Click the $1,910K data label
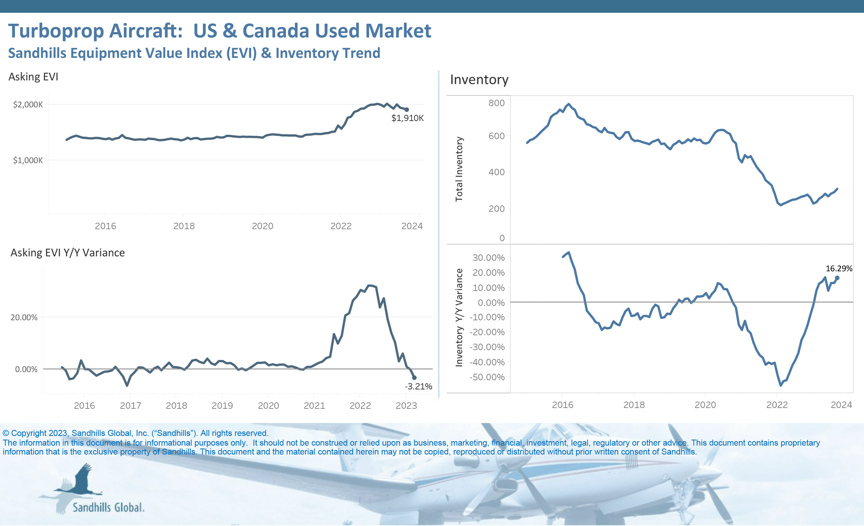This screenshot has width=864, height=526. pyautogui.click(x=407, y=118)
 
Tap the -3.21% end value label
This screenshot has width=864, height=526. pyautogui.click(x=418, y=387)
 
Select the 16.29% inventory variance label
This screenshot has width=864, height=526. pyautogui.click(x=839, y=269)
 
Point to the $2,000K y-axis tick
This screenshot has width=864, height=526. pyautogui.click(x=28, y=105)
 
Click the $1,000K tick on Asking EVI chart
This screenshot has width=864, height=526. pyautogui.click(x=28, y=160)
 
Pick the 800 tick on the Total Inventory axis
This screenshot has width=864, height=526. pyautogui.click(x=497, y=103)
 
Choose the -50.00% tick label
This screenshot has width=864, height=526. pyautogui.click(x=487, y=377)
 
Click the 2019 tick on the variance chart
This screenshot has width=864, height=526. pyautogui.click(x=222, y=406)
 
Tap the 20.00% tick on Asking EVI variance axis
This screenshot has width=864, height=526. pyautogui.click(x=24, y=318)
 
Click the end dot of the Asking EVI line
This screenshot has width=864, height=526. pyautogui.click(x=407, y=110)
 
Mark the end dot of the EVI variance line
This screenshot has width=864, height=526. pyautogui.click(x=414, y=378)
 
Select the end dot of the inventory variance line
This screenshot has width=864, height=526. pyautogui.click(x=837, y=278)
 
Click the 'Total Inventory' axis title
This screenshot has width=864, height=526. pyautogui.click(x=459, y=169)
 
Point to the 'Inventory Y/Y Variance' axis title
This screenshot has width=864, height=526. pyautogui.click(x=459, y=318)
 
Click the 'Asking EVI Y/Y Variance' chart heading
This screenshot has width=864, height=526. pyautogui.click(x=68, y=253)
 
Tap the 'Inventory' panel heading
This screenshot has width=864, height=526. pyautogui.click(x=479, y=80)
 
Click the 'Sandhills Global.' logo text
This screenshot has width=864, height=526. pyautogui.click(x=108, y=507)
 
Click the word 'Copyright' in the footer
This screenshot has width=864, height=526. pyautogui.click(x=29, y=434)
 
